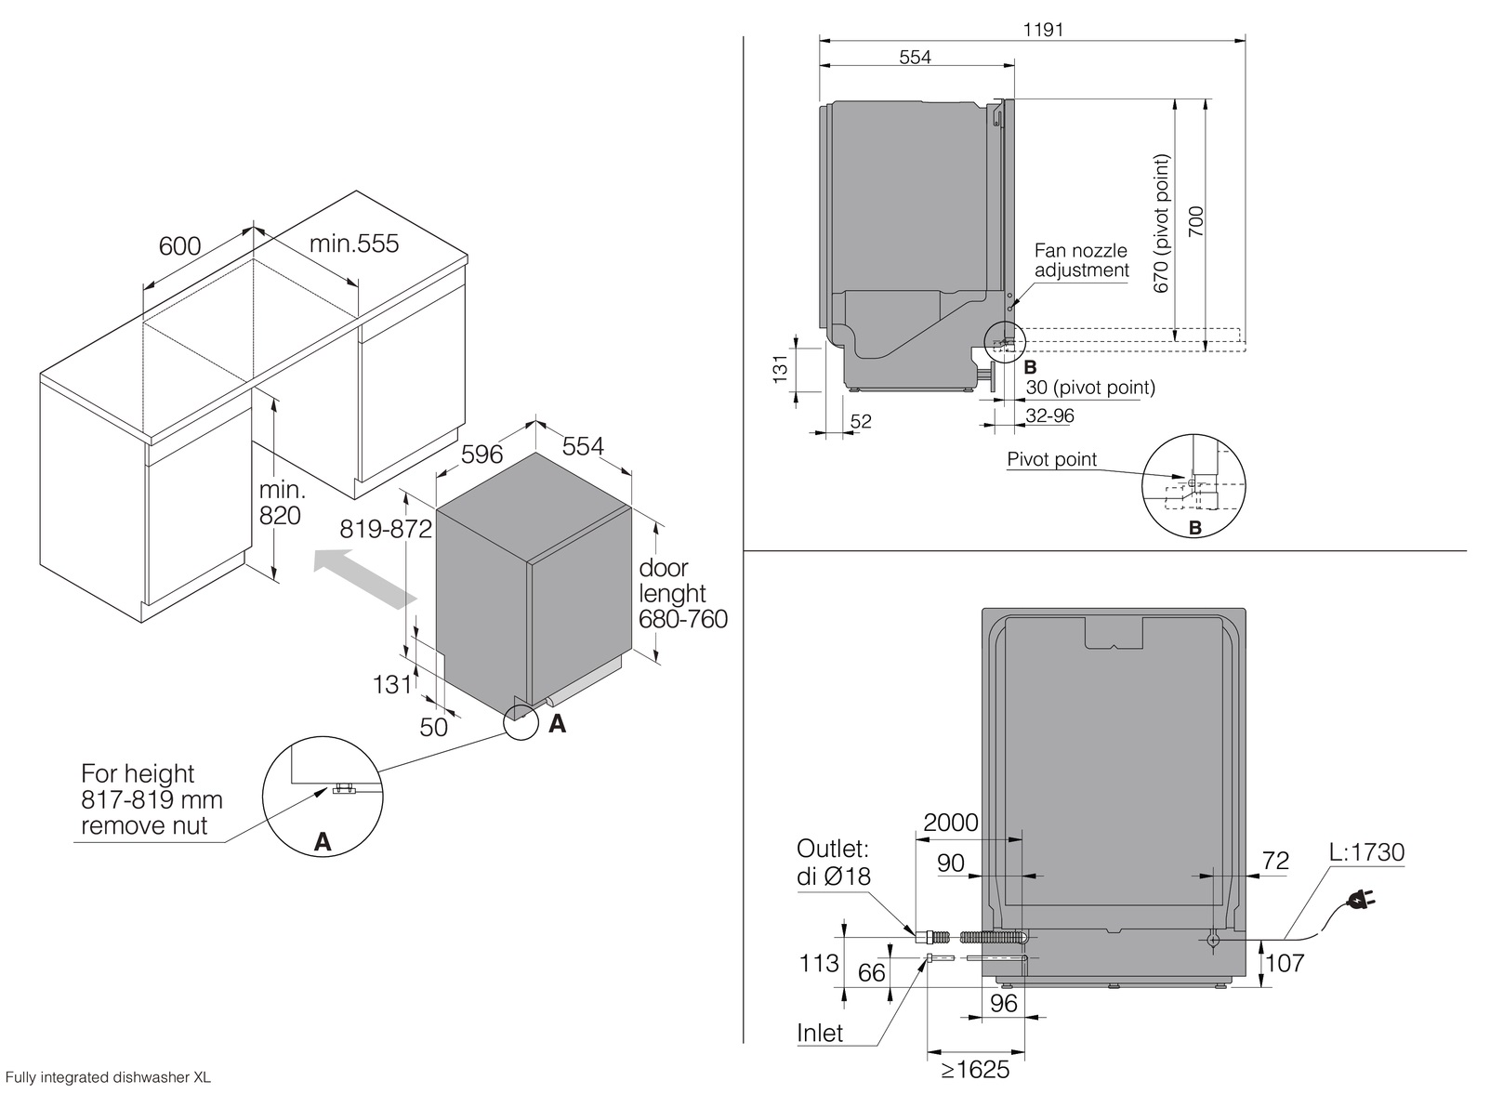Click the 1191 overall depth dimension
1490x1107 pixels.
[1043, 29]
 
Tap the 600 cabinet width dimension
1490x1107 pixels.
[179, 245]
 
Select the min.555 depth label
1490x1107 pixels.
[353, 244]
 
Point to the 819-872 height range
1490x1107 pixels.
[386, 529]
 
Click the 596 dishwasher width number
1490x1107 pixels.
[482, 454]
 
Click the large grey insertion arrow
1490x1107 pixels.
[363, 576]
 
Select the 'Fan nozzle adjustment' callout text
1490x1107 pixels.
[1081, 260]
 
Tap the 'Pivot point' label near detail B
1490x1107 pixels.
[1051, 459]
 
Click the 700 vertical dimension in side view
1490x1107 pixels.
[1196, 223]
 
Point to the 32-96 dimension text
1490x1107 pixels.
[1049, 415]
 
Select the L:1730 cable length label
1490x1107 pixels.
[1365, 852]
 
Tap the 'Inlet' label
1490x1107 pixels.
[820, 1033]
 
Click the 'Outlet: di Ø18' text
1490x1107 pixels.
[834, 862]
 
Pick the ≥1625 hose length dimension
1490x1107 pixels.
[975, 1070]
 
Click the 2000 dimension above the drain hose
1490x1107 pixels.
[951, 822]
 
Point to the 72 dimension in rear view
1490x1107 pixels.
[1275, 861]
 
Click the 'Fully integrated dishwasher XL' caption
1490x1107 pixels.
[108, 1078]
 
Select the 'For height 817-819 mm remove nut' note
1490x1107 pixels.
[152, 799]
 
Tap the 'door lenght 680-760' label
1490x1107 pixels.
[682, 593]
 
